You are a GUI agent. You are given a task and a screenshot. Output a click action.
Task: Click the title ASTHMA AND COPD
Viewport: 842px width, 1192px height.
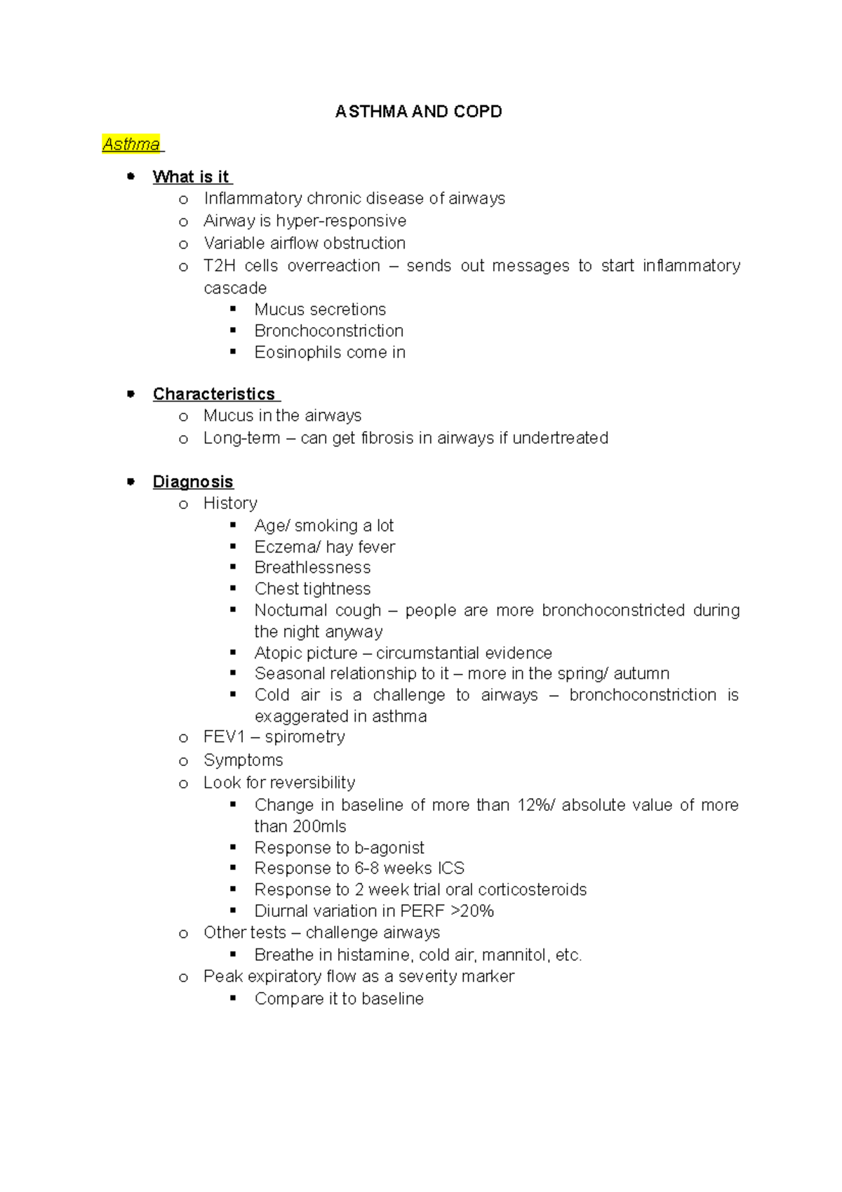point(418,112)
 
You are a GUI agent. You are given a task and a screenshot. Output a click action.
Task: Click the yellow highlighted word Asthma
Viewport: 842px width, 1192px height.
point(131,145)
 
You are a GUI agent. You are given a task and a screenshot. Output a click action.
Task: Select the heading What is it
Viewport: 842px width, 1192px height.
point(191,177)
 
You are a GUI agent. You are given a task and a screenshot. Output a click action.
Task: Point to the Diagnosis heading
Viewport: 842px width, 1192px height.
point(193,482)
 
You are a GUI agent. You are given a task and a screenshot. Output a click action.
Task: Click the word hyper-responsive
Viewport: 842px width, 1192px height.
point(341,221)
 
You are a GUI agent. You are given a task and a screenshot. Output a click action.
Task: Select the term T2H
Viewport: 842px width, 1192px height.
point(219,266)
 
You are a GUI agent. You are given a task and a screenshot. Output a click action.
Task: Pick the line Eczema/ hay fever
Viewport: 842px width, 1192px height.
point(325,547)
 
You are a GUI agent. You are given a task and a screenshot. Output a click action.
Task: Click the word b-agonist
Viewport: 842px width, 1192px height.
point(389,848)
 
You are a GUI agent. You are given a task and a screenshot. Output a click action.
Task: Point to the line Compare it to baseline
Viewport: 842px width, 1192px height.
point(339,999)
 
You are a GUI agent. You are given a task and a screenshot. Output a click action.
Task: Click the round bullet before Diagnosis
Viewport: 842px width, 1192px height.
point(131,482)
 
